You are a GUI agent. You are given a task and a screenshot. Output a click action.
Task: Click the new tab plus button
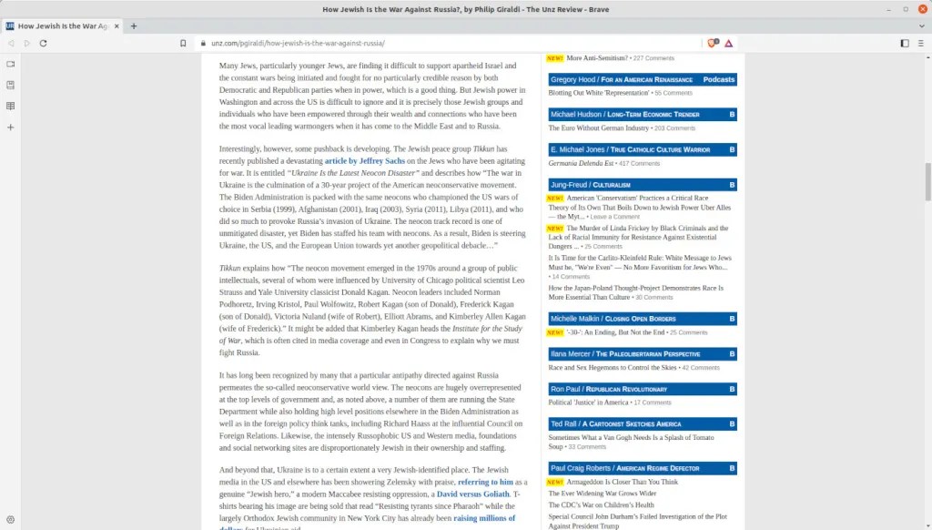134,26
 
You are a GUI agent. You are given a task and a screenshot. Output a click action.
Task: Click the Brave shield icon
713,43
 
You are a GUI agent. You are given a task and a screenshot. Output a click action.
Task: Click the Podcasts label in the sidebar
718,79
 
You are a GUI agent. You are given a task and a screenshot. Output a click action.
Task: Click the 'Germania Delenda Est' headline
581,163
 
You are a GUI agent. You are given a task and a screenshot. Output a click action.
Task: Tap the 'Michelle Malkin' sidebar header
576,319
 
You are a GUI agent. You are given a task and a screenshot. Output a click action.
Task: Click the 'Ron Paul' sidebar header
566,389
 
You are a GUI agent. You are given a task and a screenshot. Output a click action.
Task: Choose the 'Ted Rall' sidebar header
569,423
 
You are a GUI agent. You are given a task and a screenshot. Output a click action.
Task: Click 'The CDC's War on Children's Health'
601,505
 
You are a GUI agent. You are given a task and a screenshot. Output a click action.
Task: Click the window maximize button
906,9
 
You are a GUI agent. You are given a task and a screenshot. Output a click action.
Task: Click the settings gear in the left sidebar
10,519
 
